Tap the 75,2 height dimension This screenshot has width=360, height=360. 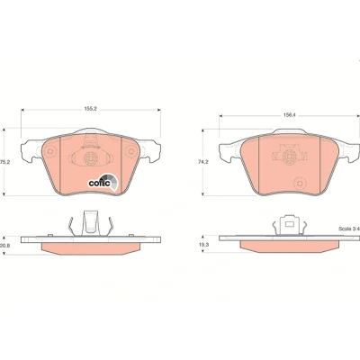(4, 162)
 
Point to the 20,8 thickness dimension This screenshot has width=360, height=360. (4, 245)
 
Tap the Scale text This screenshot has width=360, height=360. (349, 229)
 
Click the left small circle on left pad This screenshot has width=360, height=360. (50, 151)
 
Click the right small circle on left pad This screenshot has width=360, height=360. (130, 151)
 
